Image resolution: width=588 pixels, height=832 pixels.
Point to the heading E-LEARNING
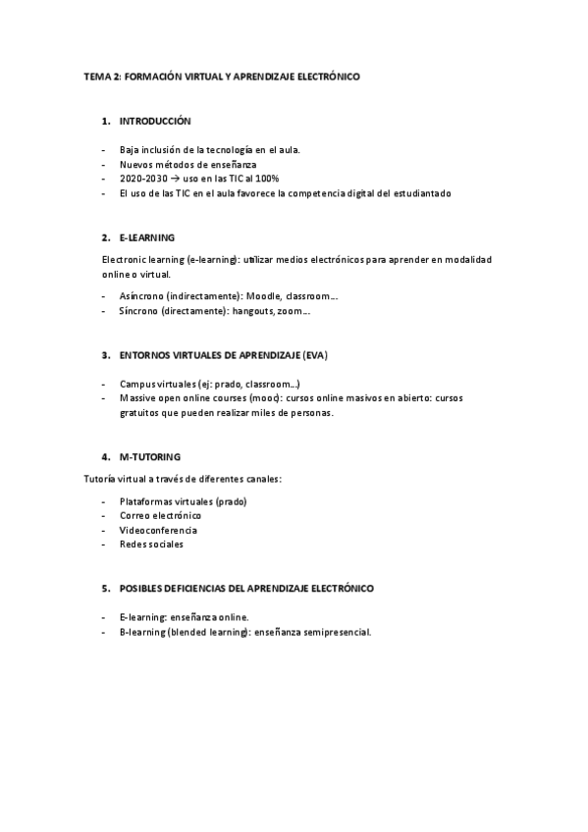click(x=147, y=237)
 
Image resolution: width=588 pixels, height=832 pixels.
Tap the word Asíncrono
click(x=140, y=296)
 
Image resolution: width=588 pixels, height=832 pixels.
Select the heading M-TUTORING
click(x=150, y=457)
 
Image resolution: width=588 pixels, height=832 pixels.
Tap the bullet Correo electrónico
click(x=161, y=515)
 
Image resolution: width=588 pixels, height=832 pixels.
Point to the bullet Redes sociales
click(x=151, y=545)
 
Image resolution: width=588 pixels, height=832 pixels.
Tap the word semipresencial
click(x=336, y=632)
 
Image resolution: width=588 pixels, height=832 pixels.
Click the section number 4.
click(x=104, y=457)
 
